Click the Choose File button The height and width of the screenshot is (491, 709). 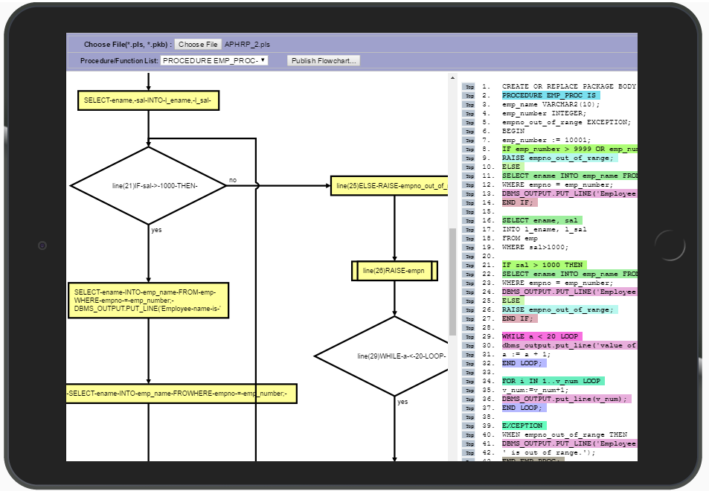(199, 45)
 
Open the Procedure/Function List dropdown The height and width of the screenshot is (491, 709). (214, 60)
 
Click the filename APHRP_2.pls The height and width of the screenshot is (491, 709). (248, 45)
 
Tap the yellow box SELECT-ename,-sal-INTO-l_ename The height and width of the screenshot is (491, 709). (148, 100)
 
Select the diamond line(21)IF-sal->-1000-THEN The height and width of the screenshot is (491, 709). (148, 184)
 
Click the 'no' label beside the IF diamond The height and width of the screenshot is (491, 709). (233, 180)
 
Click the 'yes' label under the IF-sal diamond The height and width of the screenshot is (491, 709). (156, 230)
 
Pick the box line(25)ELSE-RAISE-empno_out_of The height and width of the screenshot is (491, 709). (389, 185)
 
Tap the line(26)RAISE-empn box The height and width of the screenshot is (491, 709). (394, 271)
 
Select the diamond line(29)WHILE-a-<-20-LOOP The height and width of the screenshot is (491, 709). (394, 356)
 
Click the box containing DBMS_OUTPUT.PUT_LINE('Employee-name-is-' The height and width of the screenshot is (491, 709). (148, 300)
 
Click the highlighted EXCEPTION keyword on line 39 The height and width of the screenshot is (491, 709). (524, 426)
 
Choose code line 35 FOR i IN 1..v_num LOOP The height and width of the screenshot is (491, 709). (551, 381)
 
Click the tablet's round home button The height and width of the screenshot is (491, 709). (670, 245)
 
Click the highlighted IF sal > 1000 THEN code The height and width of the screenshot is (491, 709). (544, 265)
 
